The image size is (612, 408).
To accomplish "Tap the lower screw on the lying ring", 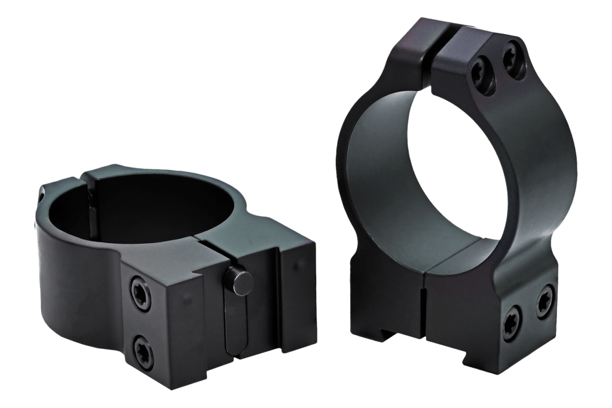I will [x=143, y=346].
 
